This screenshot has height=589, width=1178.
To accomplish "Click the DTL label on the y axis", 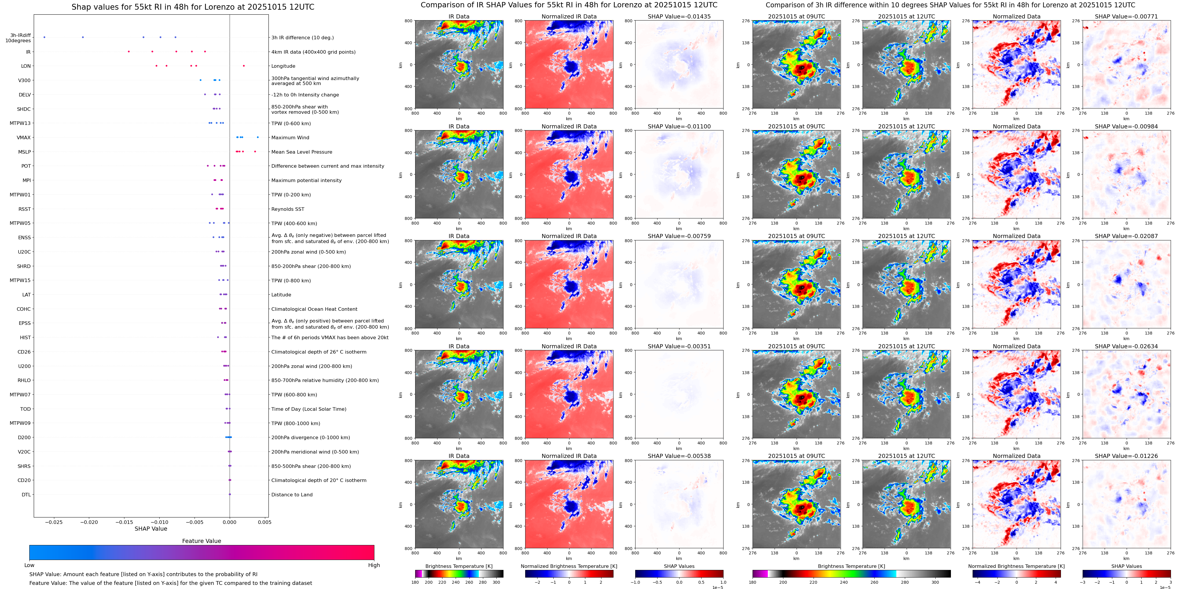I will tap(26, 494).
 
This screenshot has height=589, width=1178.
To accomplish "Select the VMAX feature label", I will tap(24, 138).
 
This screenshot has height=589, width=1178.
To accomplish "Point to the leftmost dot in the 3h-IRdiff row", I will tap(44, 37).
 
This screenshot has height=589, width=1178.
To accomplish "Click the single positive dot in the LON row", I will tap(244, 66).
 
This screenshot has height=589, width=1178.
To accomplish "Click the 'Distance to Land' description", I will tap(292, 494).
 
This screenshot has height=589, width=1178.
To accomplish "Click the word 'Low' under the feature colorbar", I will tap(29, 565).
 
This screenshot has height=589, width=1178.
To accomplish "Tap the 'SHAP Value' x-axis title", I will tap(151, 529).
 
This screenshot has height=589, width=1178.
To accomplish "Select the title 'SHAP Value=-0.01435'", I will tap(679, 16).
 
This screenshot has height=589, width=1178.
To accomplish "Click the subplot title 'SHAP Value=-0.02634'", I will tap(1126, 346).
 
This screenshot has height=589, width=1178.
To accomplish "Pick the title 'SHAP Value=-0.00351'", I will tap(679, 346).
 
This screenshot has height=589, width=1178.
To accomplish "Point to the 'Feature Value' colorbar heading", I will tap(202, 541).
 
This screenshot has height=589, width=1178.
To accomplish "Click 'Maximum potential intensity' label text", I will tap(306, 181).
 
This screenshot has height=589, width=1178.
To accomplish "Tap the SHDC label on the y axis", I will tap(24, 109).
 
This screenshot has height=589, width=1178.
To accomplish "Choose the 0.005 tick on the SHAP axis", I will tap(264, 522).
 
